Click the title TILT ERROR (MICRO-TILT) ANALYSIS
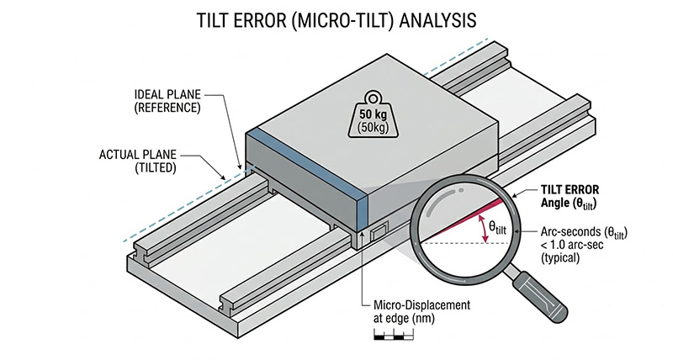coord(336,18)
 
